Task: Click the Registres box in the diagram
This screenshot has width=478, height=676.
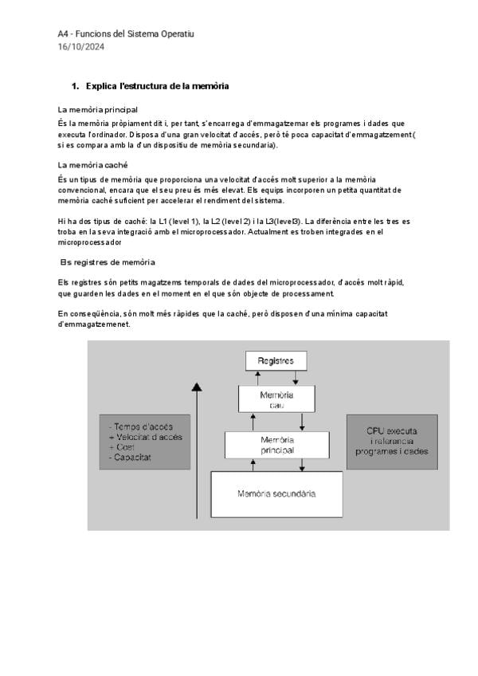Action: (x=276, y=361)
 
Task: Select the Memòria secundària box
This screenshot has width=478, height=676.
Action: (x=276, y=493)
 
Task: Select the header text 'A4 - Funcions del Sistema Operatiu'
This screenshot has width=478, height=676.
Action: (x=126, y=34)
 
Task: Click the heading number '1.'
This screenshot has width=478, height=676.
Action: (x=75, y=86)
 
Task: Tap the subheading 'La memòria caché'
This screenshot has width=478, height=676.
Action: (x=93, y=165)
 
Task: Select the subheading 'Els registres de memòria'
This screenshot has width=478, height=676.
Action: (x=108, y=262)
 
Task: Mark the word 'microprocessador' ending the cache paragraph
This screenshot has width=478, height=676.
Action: (x=89, y=242)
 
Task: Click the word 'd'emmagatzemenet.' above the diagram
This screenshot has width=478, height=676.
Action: (x=94, y=324)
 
